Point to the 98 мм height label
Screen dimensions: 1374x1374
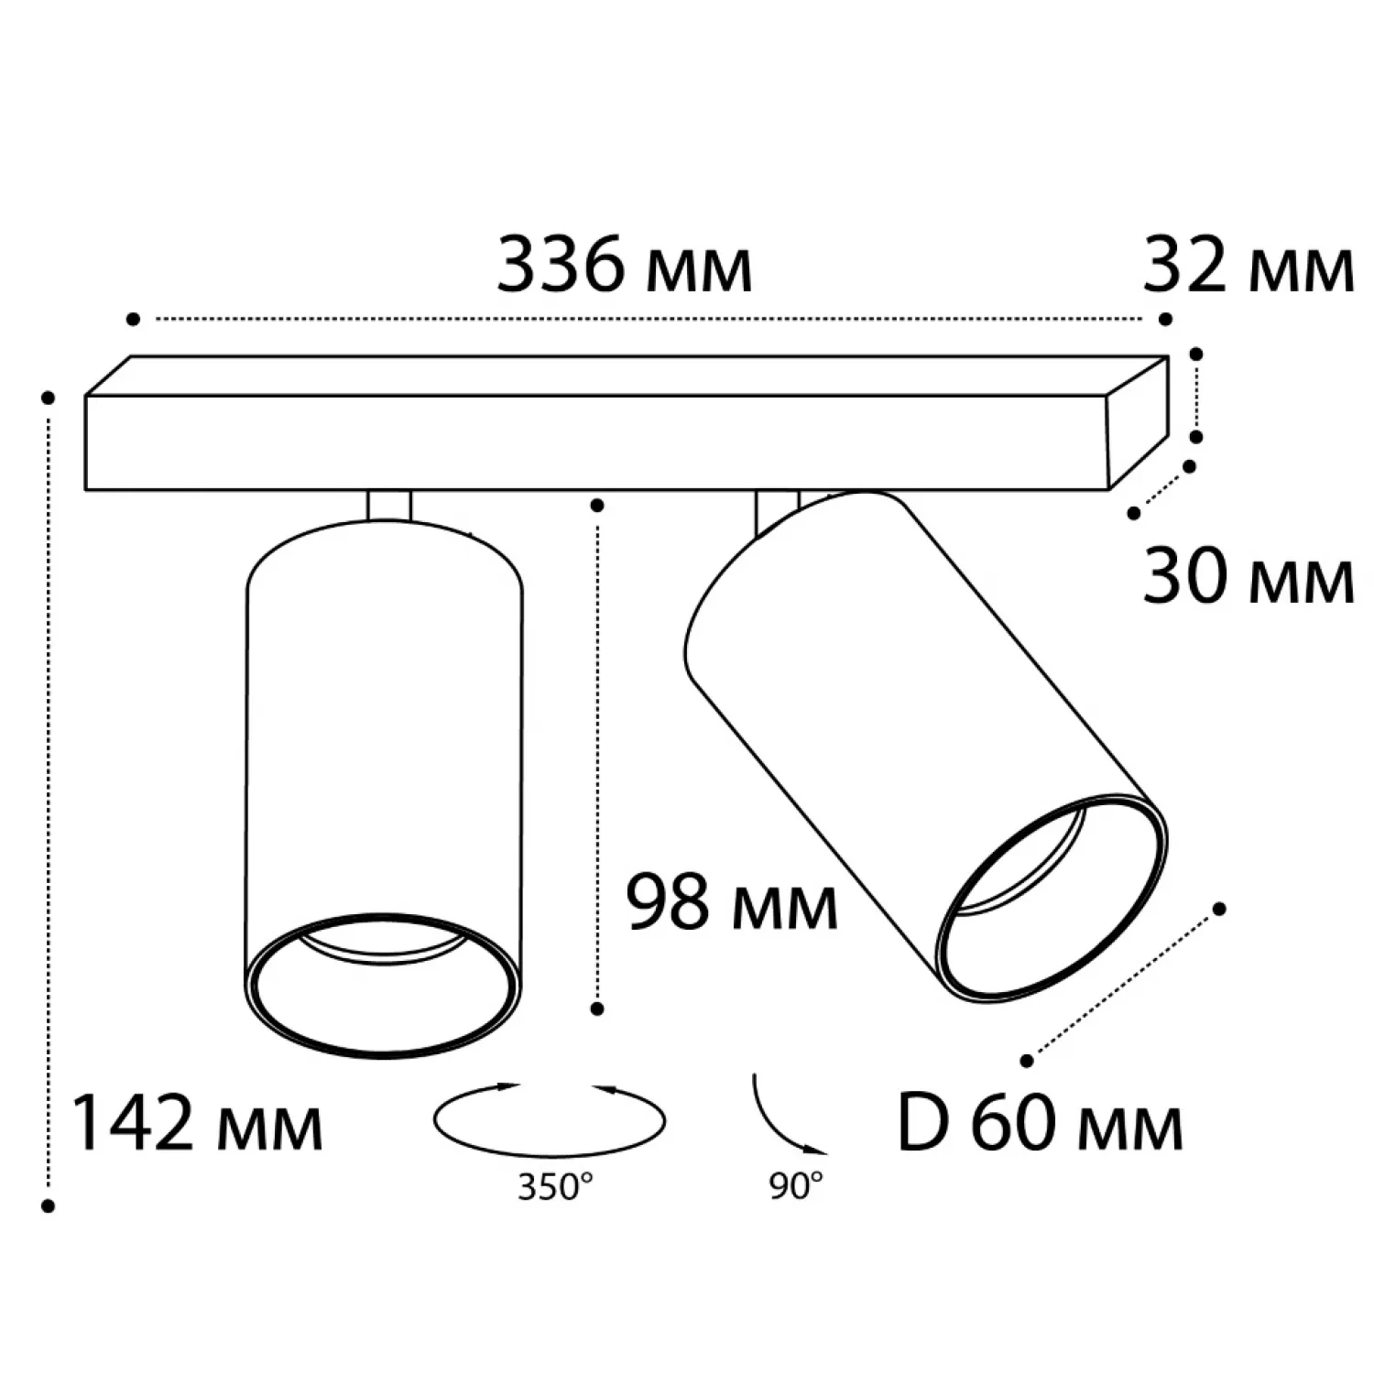pyautogui.click(x=732, y=902)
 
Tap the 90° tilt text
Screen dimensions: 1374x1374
pyautogui.click(x=796, y=1187)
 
